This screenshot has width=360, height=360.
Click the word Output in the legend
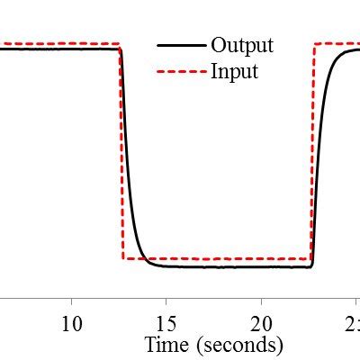(241, 45)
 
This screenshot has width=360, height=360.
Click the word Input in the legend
(234, 71)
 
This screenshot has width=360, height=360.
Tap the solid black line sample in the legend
(179, 45)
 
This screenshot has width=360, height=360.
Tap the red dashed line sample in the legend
(179, 71)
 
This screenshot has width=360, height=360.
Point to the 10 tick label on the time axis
(72, 323)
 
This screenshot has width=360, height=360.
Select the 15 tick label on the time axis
(166, 323)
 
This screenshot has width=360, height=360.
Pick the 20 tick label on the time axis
(261, 323)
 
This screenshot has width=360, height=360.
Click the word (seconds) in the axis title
(241, 345)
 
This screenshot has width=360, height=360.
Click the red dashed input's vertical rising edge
(312, 153)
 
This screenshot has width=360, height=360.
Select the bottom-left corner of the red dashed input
(122, 259)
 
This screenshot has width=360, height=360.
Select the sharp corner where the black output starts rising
(311, 265)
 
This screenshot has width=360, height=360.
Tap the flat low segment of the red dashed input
(216, 259)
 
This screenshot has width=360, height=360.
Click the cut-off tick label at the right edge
(355, 323)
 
